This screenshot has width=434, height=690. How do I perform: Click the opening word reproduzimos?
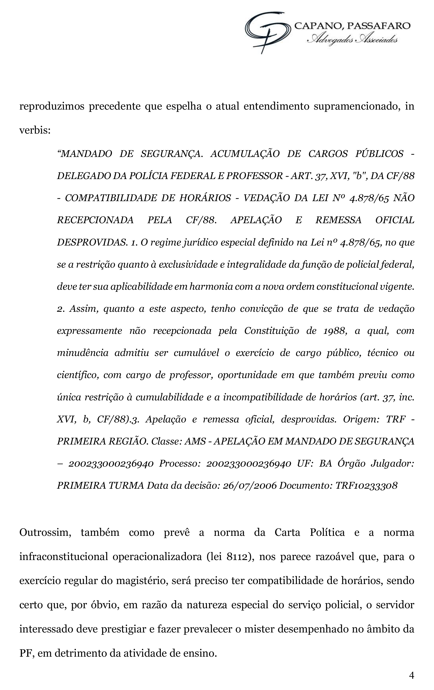pyautogui.click(x=52, y=106)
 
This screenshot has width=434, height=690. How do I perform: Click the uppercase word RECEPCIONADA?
pyautogui.click(x=95, y=220)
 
